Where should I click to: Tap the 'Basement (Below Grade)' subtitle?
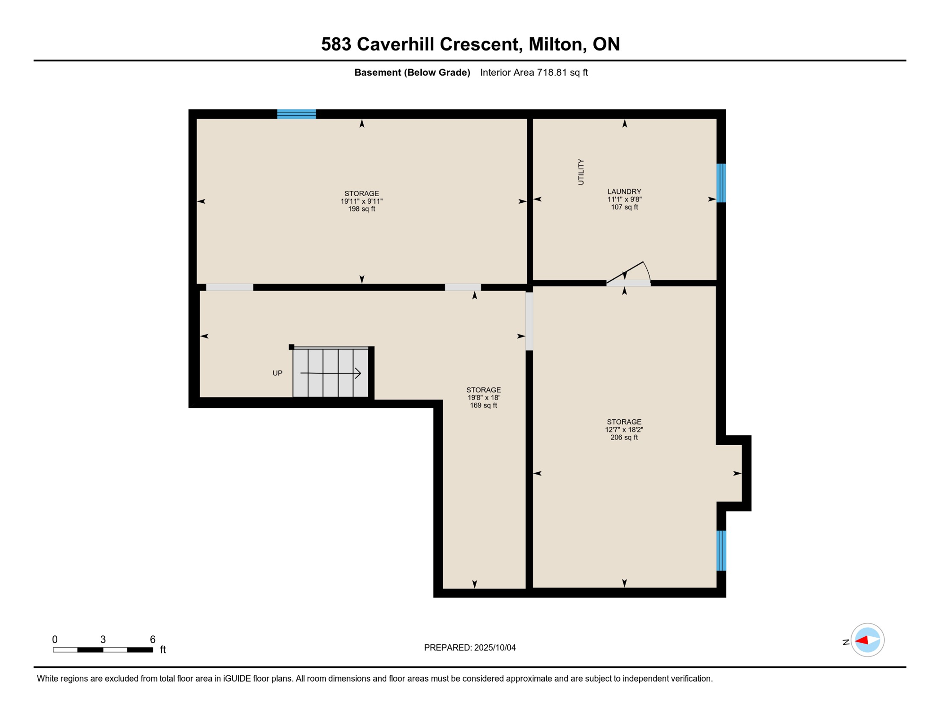[x=412, y=72]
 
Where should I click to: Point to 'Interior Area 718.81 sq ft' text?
[x=534, y=72]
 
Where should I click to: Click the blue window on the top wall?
[x=296, y=114]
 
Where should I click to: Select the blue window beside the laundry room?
[x=721, y=183]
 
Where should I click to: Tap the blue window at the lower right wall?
[x=721, y=551]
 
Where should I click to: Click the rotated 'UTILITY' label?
[x=581, y=172]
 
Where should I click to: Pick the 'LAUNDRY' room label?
[x=624, y=191]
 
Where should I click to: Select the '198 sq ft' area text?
[x=362, y=209]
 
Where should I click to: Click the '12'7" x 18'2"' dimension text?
[x=624, y=430]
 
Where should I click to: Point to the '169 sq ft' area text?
[x=483, y=406]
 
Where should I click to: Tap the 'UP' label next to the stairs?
[x=278, y=373]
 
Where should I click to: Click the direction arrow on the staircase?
[x=331, y=373]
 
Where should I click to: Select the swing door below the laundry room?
[x=628, y=275]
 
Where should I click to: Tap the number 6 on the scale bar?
[x=153, y=640]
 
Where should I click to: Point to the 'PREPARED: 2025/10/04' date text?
[x=470, y=648]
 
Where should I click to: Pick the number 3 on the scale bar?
[x=103, y=640]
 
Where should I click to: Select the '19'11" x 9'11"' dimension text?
[x=362, y=201]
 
